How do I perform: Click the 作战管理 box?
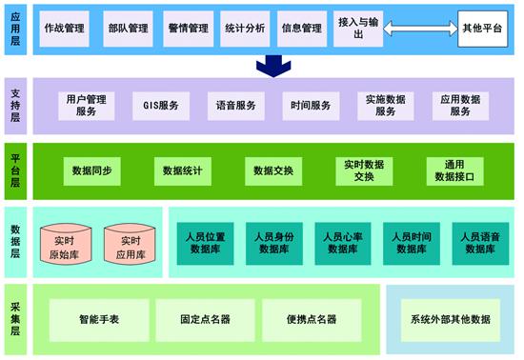65,29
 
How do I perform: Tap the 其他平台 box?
481,29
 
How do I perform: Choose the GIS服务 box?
159,104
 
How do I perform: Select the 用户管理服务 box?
86,104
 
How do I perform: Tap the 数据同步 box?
91,171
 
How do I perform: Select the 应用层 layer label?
15,29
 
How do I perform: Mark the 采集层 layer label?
15,317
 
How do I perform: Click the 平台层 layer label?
15,171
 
